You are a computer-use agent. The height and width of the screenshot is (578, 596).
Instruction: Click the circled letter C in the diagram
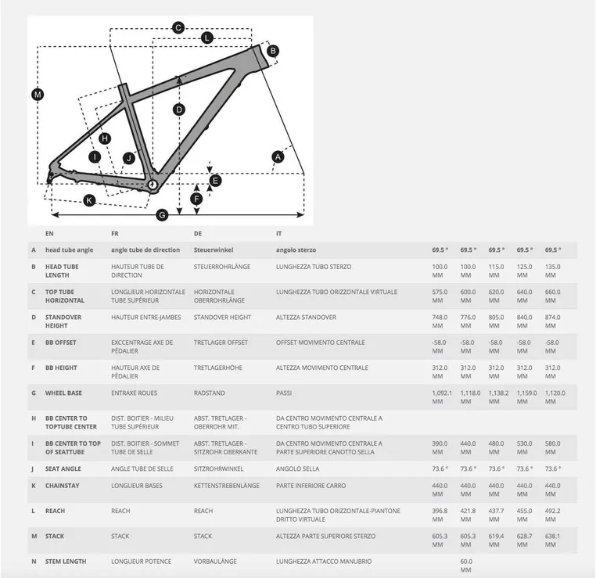coord(178,28)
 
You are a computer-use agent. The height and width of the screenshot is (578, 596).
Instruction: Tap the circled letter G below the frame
coord(163,215)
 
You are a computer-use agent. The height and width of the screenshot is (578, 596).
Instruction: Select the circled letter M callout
coord(38,95)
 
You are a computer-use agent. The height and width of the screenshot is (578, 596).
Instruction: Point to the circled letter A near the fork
coord(277,157)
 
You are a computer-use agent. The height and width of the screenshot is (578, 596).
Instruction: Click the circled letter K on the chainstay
coord(89,200)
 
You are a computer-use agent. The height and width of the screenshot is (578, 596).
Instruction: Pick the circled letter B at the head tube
coord(273,51)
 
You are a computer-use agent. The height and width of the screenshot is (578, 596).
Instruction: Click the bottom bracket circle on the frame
coord(153,185)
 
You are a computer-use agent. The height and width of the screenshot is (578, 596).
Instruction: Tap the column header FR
coord(116,233)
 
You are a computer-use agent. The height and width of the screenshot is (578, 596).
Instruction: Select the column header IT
coord(279,233)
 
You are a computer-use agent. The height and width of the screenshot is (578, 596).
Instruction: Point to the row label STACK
coord(55,536)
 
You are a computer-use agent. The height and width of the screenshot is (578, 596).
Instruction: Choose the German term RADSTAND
coord(208,393)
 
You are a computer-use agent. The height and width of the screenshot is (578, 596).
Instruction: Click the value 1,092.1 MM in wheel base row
coord(442,397)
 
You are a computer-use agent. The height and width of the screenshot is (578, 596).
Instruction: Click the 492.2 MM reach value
coord(552,515)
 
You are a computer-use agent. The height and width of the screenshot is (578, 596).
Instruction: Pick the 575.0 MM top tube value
coord(440,296)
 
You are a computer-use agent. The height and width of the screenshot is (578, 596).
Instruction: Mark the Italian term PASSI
coord(285,393)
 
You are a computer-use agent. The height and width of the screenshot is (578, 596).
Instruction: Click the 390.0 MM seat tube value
coord(440,447)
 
